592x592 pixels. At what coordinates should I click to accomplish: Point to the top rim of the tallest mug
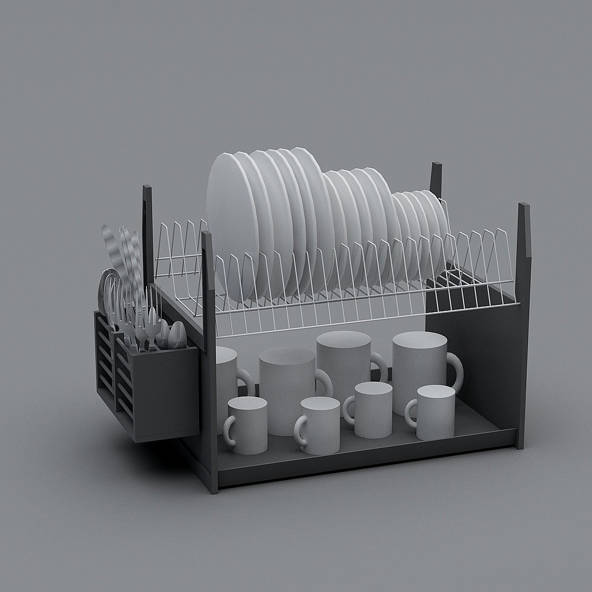tap(343, 339)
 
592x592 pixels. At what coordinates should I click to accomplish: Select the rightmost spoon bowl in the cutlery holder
tap(177, 335)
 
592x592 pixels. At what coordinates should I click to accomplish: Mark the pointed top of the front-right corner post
tap(524, 208)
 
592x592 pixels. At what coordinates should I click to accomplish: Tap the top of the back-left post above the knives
tap(147, 191)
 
